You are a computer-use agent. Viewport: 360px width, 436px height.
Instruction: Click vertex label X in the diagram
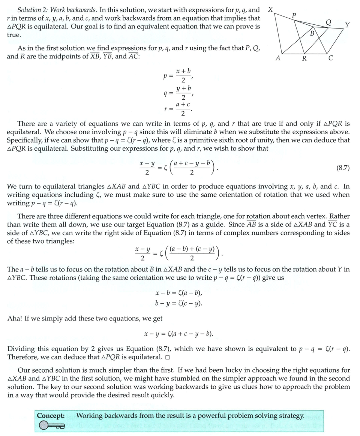270,9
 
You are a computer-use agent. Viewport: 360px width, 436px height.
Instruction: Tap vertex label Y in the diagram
347,25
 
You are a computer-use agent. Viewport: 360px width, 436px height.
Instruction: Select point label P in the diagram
294,15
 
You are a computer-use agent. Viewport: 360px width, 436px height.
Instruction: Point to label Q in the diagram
328,22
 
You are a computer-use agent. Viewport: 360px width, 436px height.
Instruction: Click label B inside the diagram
312,33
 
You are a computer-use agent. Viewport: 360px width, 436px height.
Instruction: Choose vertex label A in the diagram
277,58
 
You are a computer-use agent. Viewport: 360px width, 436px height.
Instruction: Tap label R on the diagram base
304,58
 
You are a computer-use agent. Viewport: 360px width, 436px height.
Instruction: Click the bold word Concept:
51,415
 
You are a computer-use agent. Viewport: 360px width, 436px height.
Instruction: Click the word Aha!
15,319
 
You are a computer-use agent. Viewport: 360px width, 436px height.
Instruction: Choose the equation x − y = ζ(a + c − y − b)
181,334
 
